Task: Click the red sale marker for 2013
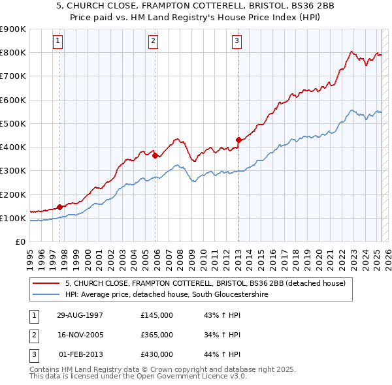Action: click(238, 140)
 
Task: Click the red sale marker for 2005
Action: click(155, 155)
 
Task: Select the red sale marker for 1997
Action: click(60, 207)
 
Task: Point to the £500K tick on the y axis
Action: click(13, 123)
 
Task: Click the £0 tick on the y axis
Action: click(21, 241)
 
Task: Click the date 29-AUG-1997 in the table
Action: click(81, 315)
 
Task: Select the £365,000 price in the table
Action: click(157, 335)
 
